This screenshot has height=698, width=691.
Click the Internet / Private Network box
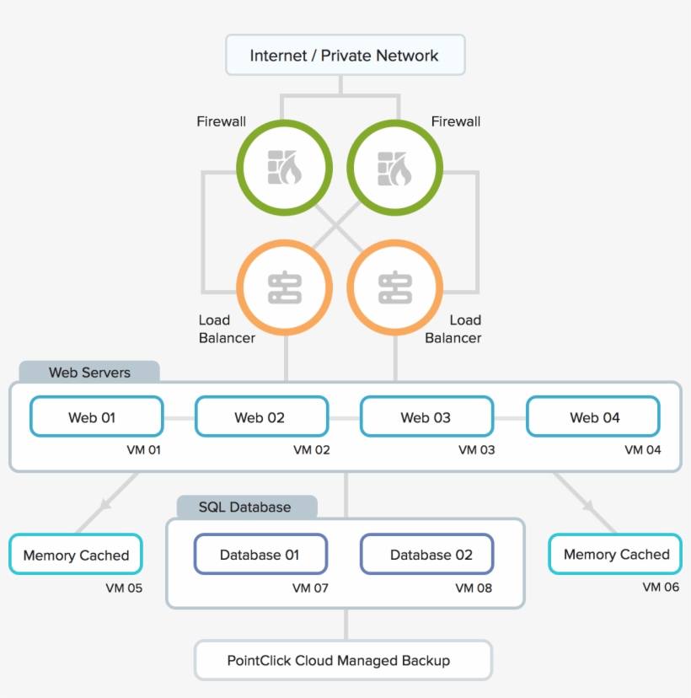click(x=345, y=56)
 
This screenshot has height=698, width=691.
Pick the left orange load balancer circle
click(x=285, y=287)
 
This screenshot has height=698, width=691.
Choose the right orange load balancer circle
click(x=394, y=287)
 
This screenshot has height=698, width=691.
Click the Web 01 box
click(x=96, y=416)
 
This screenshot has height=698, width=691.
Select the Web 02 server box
click(x=261, y=416)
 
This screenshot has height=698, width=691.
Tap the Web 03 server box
click(x=426, y=416)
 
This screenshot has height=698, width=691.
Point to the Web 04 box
click(x=592, y=416)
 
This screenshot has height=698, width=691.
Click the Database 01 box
click(x=260, y=554)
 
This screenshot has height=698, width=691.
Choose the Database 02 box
click(x=427, y=554)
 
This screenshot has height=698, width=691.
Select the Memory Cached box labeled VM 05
click(x=76, y=555)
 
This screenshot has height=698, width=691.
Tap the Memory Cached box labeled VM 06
click(x=615, y=554)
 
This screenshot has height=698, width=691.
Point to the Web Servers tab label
click(x=89, y=372)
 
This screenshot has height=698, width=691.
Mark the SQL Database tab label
click(x=245, y=507)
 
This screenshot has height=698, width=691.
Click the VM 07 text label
click(x=311, y=588)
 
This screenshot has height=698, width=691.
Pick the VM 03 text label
click(x=476, y=449)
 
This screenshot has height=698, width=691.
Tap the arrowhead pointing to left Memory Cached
click(x=105, y=505)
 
